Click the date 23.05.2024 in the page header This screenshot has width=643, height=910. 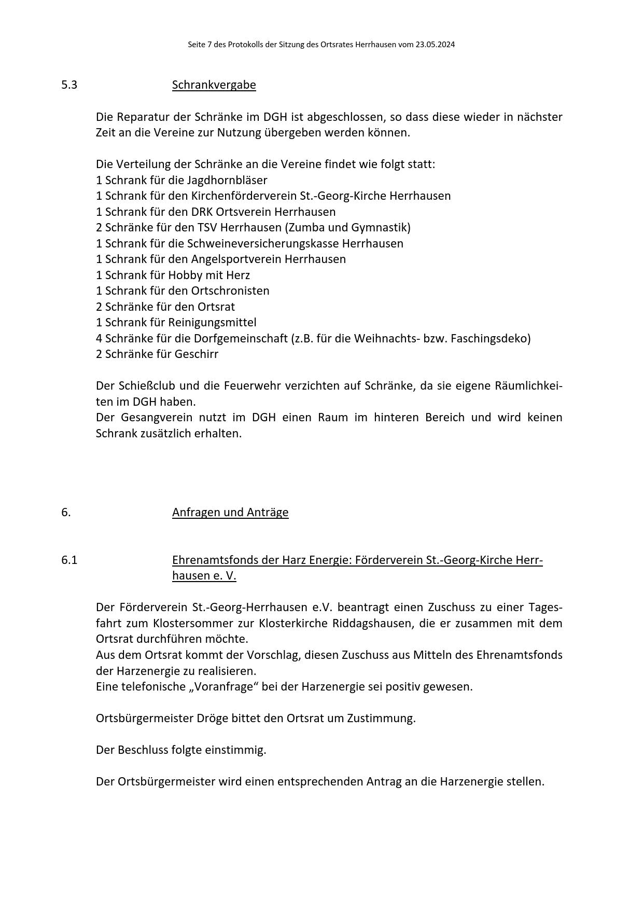tap(435, 45)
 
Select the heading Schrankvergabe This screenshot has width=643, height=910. tap(214, 85)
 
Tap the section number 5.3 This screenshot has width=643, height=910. tap(69, 85)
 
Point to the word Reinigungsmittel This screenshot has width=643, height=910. tap(212, 322)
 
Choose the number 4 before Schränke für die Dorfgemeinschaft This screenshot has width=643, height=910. tap(99, 338)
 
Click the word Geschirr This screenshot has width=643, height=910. tap(197, 354)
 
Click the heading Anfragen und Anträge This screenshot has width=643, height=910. tap(230, 512)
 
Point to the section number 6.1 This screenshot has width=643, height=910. tap(69, 560)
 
